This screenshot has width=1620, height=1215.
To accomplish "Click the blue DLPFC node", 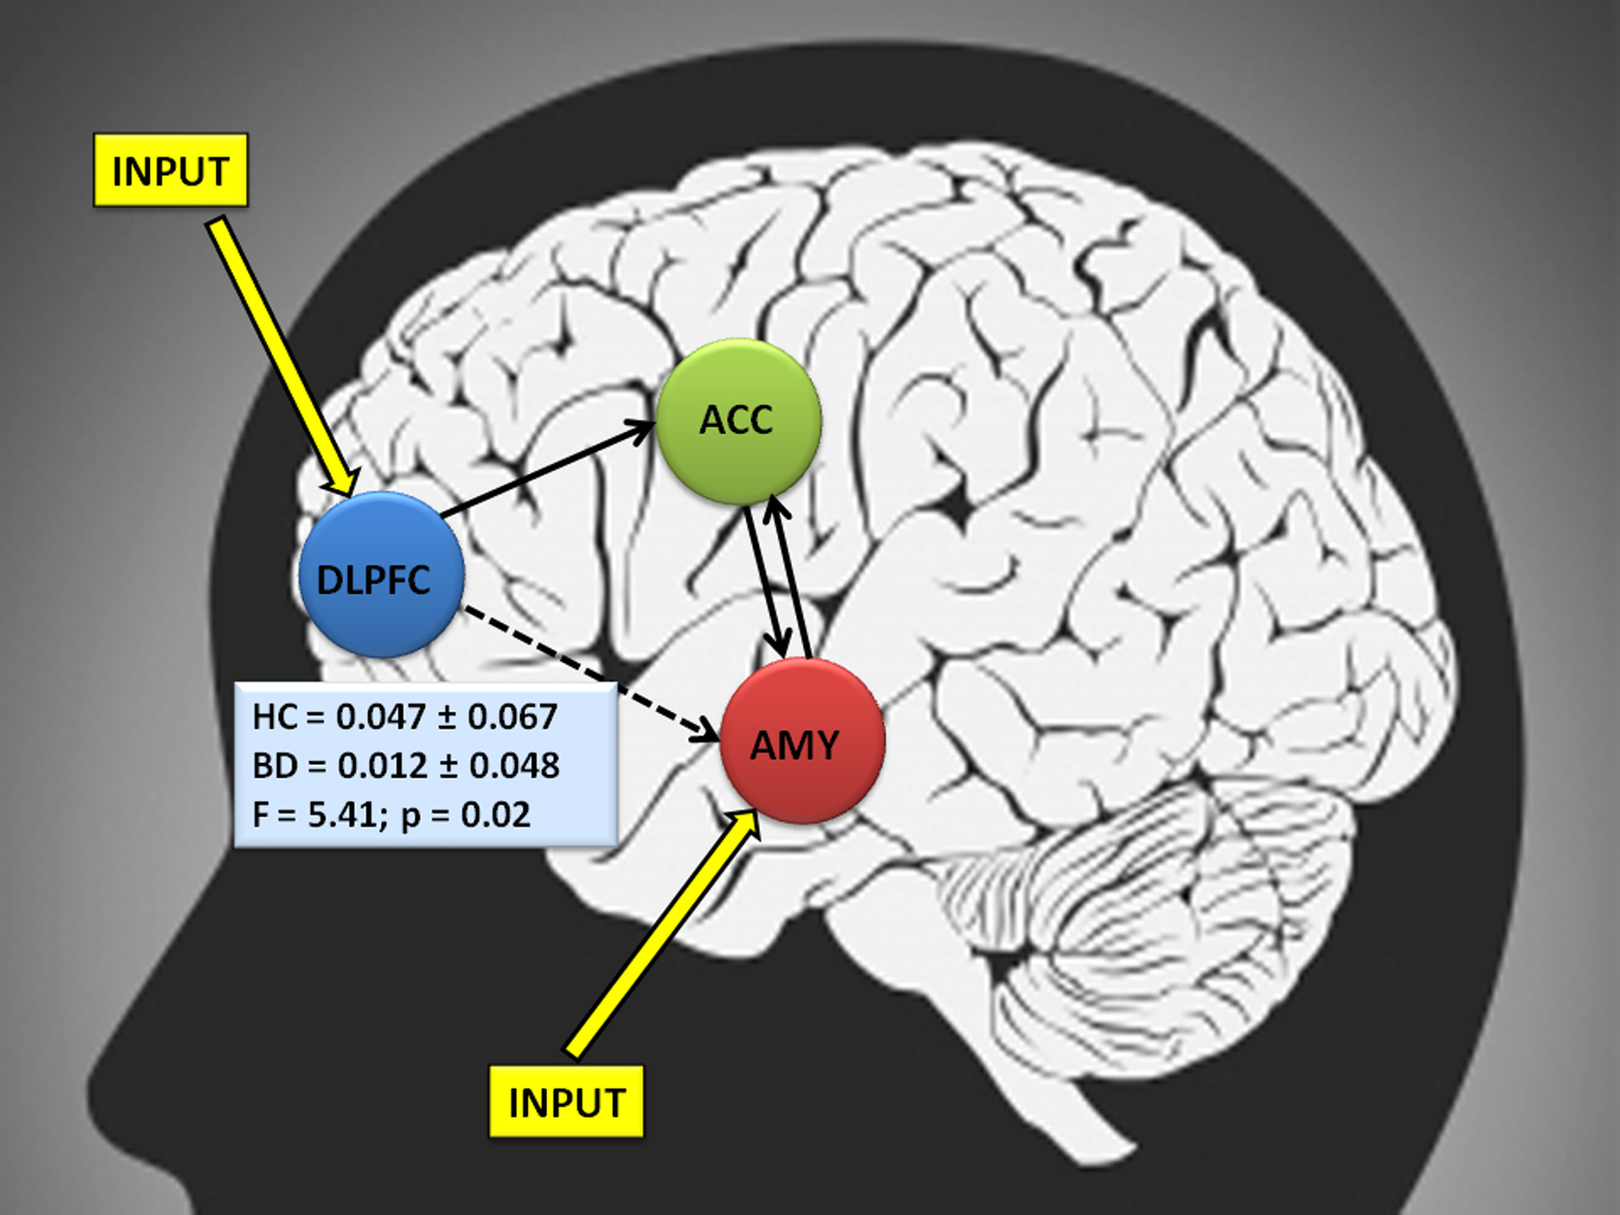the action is click(x=382, y=574).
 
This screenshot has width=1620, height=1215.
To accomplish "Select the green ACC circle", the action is click(x=739, y=422).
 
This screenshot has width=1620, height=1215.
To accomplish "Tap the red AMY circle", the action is click(x=803, y=741).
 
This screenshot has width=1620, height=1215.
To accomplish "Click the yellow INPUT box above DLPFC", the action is click(x=170, y=170).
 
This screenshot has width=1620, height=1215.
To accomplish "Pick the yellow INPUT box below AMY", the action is click(x=567, y=1101).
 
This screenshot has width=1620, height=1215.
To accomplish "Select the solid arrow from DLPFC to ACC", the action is click(x=548, y=468).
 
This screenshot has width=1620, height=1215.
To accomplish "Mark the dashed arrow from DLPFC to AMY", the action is click(x=590, y=673).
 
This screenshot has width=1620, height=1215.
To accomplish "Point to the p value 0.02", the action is click(x=496, y=815).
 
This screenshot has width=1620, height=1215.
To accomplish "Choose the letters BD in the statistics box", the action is click(x=275, y=766).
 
